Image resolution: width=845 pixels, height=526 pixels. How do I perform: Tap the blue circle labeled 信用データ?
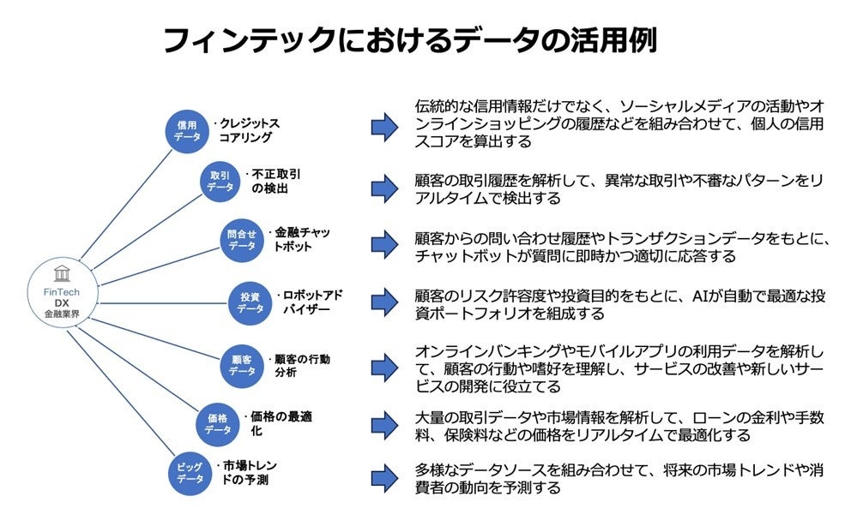(187, 130)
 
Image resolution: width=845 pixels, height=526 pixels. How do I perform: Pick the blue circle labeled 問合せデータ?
(242, 239)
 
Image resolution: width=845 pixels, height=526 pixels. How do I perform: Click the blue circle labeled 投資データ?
(250, 302)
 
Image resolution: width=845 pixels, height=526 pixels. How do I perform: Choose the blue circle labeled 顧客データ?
(242, 366)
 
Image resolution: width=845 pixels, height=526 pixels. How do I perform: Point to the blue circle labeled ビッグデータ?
(187, 473)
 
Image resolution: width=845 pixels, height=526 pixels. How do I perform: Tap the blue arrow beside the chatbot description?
(384, 243)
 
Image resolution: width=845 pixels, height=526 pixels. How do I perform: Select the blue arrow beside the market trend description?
(384, 478)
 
